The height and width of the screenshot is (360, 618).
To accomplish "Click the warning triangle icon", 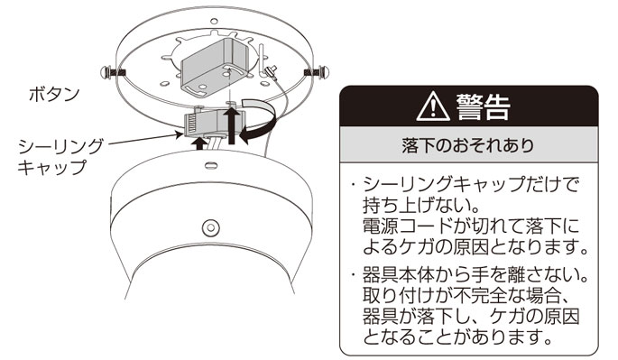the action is (x=433, y=106).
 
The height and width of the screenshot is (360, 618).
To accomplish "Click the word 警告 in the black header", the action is (x=484, y=106).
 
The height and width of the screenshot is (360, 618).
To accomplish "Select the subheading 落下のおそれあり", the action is (x=468, y=145).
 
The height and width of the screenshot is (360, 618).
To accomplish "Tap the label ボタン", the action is (x=54, y=95).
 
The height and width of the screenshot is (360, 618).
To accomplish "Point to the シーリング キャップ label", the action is (x=60, y=156).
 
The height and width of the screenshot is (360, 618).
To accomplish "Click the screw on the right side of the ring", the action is (x=316, y=72).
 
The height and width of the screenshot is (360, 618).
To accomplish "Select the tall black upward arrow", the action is (x=232, y=125).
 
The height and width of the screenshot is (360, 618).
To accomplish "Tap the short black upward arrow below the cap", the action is (x=199, y=143).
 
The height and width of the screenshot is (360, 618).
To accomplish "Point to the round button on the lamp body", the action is (x=210, y=227).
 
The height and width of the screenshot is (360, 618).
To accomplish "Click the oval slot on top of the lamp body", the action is (x=211, y=164).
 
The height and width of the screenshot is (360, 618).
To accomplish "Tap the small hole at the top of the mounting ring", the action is (x=214, y=21).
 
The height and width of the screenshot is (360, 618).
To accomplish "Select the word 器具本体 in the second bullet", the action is (x=398, y=275).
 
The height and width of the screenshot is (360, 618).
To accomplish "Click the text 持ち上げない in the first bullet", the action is (x=415, y=204).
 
